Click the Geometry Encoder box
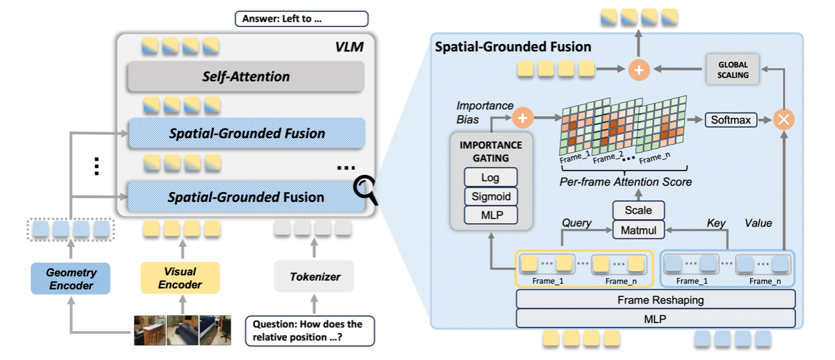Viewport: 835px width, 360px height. click(71, 278)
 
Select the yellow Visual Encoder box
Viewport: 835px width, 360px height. click(180, 278)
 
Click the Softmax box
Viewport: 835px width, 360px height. click(729, 120)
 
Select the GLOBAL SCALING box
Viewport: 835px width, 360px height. click(732, 71)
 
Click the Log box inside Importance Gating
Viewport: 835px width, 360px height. click(491, 178)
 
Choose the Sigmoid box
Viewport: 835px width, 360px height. click(491, 196)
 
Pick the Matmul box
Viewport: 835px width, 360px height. click(638, 230)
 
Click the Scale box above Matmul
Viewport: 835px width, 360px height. click(638, 211)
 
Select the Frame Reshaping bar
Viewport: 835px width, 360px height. click(655, 300)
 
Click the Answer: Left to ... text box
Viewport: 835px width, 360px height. click(301, 18)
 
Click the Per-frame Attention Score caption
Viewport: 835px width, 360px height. click(626, 182)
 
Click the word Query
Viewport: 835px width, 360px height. click(577, 223)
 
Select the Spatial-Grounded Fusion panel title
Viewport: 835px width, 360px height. click(513, 47)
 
